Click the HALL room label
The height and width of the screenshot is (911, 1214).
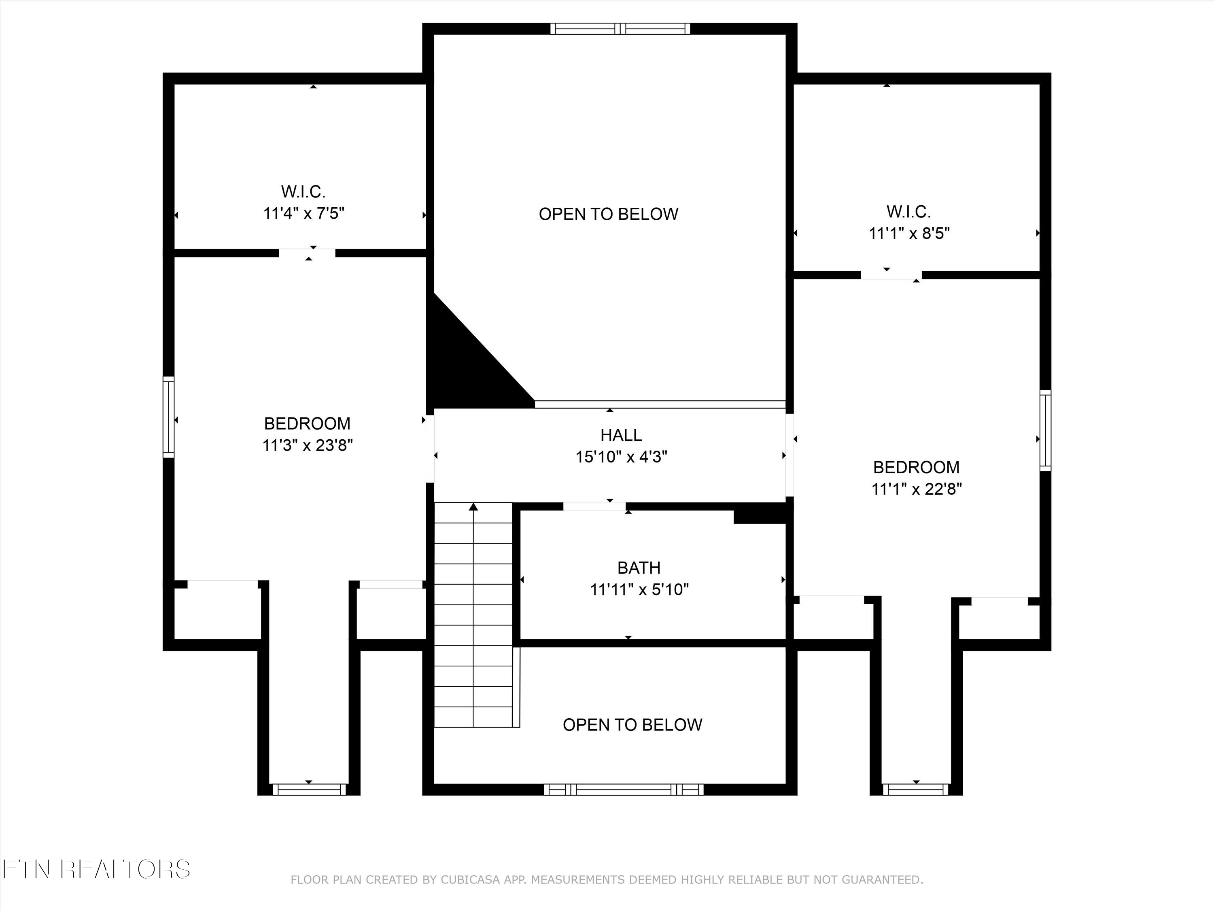point(621,435)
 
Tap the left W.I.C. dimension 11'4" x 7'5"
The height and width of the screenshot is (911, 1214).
point(303,213)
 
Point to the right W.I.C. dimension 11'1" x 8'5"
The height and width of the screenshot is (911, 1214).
point(909,233)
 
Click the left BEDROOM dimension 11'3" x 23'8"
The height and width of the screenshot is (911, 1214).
point(307,445)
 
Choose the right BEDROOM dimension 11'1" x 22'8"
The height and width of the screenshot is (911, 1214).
point(916,489)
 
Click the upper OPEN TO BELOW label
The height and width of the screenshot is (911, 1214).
point(608,214)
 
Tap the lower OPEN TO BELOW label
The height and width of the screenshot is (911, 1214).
point(632,725)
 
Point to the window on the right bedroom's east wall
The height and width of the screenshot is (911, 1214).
point(1046,430)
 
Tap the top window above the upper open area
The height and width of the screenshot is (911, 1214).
point(620,29)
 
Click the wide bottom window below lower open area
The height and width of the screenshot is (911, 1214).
point(624,790)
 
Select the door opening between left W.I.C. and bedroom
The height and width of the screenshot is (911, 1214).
point(307,253)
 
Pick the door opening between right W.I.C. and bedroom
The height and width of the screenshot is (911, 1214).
point(891,275)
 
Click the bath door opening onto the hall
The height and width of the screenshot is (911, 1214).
point(594,506)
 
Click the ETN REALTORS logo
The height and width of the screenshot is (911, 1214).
point(96,869)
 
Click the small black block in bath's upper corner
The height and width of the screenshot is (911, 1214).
point(760,516)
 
